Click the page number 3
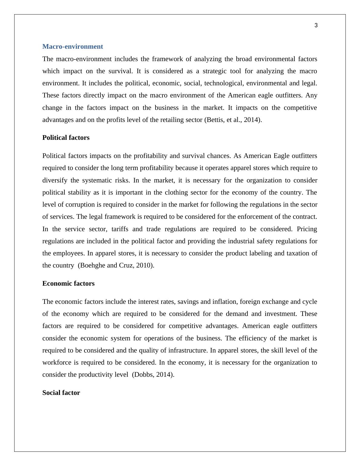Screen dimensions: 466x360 pos(316,25)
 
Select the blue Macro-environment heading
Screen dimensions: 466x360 pos(73,47)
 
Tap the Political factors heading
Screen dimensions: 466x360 pos(66,138)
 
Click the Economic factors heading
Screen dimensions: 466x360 pos(68,284)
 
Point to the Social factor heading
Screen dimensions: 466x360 pos(61,393)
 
